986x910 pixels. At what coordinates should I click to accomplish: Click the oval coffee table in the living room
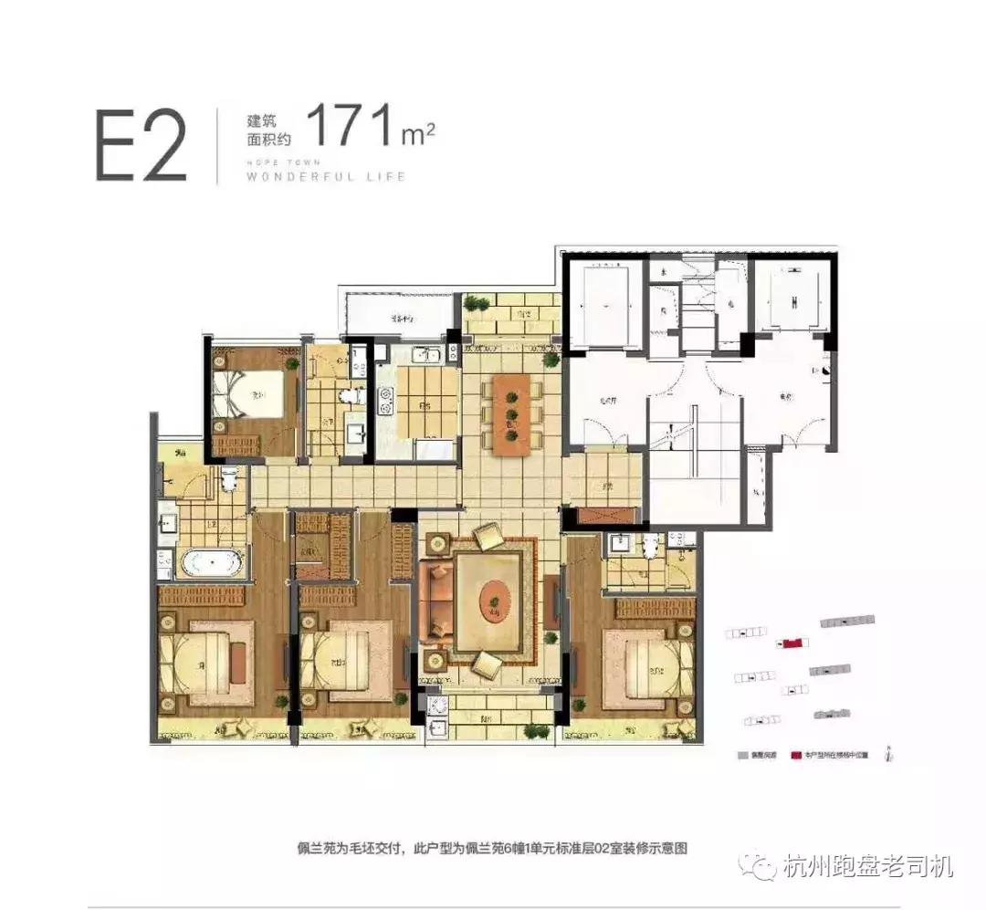pyautogui.click(x=494, y=600)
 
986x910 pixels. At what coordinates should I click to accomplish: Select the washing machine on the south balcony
pyautogui.click(x=437, y=706)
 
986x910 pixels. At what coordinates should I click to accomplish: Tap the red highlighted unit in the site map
pyautogui.click(x=792, y=643)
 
